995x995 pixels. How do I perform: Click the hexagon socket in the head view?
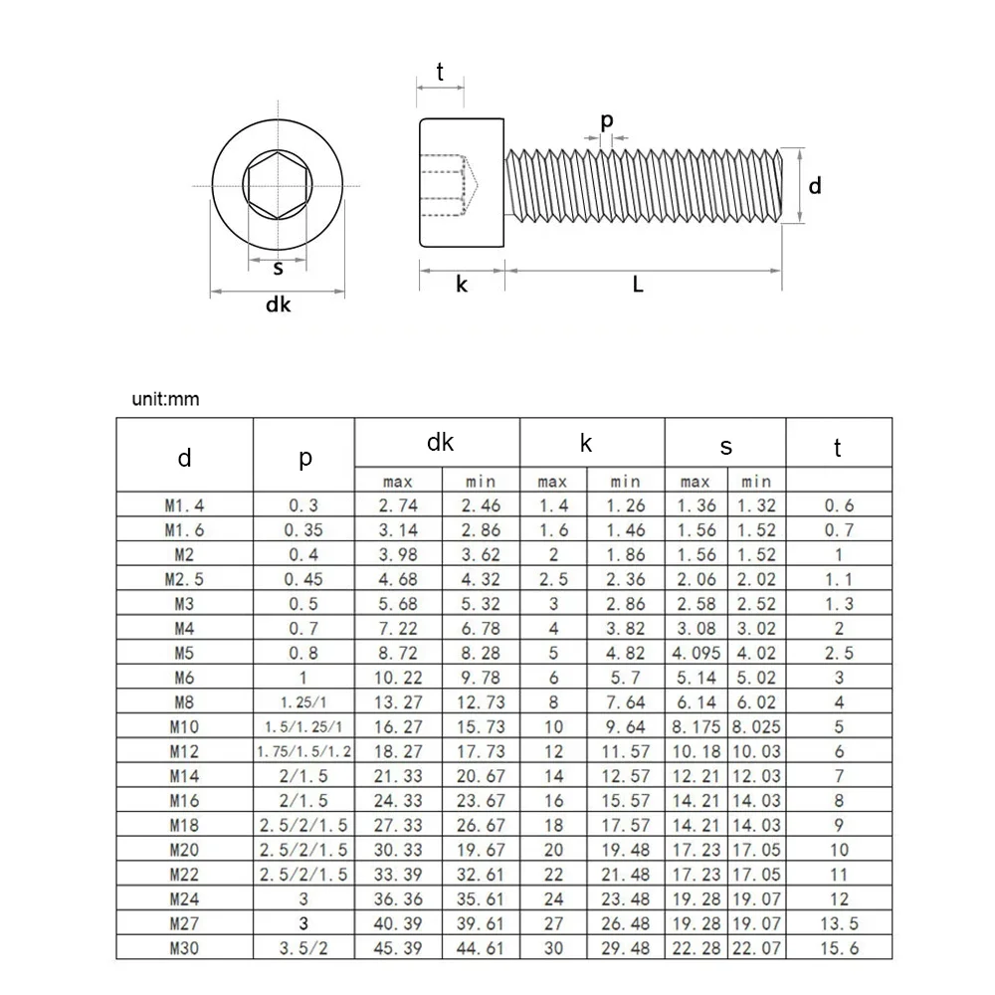click(x=278, y=186)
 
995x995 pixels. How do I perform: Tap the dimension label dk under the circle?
click(x=278, y=306)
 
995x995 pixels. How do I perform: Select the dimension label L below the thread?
click(x=638, y=285)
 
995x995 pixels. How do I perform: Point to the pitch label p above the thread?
click(x=607, y=120)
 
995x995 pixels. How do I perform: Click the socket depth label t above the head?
click(x=439, y=72)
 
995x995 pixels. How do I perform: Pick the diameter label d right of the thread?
click(x=815, y=185)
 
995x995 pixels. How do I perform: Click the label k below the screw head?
click(x=462, y=285)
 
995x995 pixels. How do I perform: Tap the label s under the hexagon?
click(x=278, y=268)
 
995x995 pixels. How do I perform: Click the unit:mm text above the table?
click(x=166, y=400)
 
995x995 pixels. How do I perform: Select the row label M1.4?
click(x=185, y=505)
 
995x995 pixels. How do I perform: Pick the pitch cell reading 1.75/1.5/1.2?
click(x=304, y=750)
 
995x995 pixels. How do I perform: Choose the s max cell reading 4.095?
click(x=696, y=653)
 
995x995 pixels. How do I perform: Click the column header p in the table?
click(x=304, y=458)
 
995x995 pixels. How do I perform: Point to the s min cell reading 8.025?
click(x=756, y=726)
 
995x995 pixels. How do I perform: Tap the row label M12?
click(x=185, y=750)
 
